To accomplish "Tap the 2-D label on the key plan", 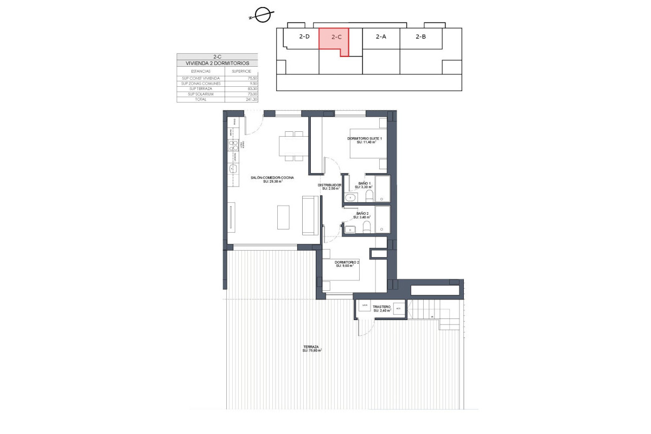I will (x=304, y=37).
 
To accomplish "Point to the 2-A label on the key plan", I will (x=381, y=37).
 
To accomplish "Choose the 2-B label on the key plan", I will (x=420, y=37).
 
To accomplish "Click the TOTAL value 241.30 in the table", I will (x=251, y=99).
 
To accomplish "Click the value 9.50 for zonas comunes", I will (x=252, y=83).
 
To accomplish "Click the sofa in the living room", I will (x=310, y=216).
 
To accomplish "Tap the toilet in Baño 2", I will (x=367, y=226).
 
